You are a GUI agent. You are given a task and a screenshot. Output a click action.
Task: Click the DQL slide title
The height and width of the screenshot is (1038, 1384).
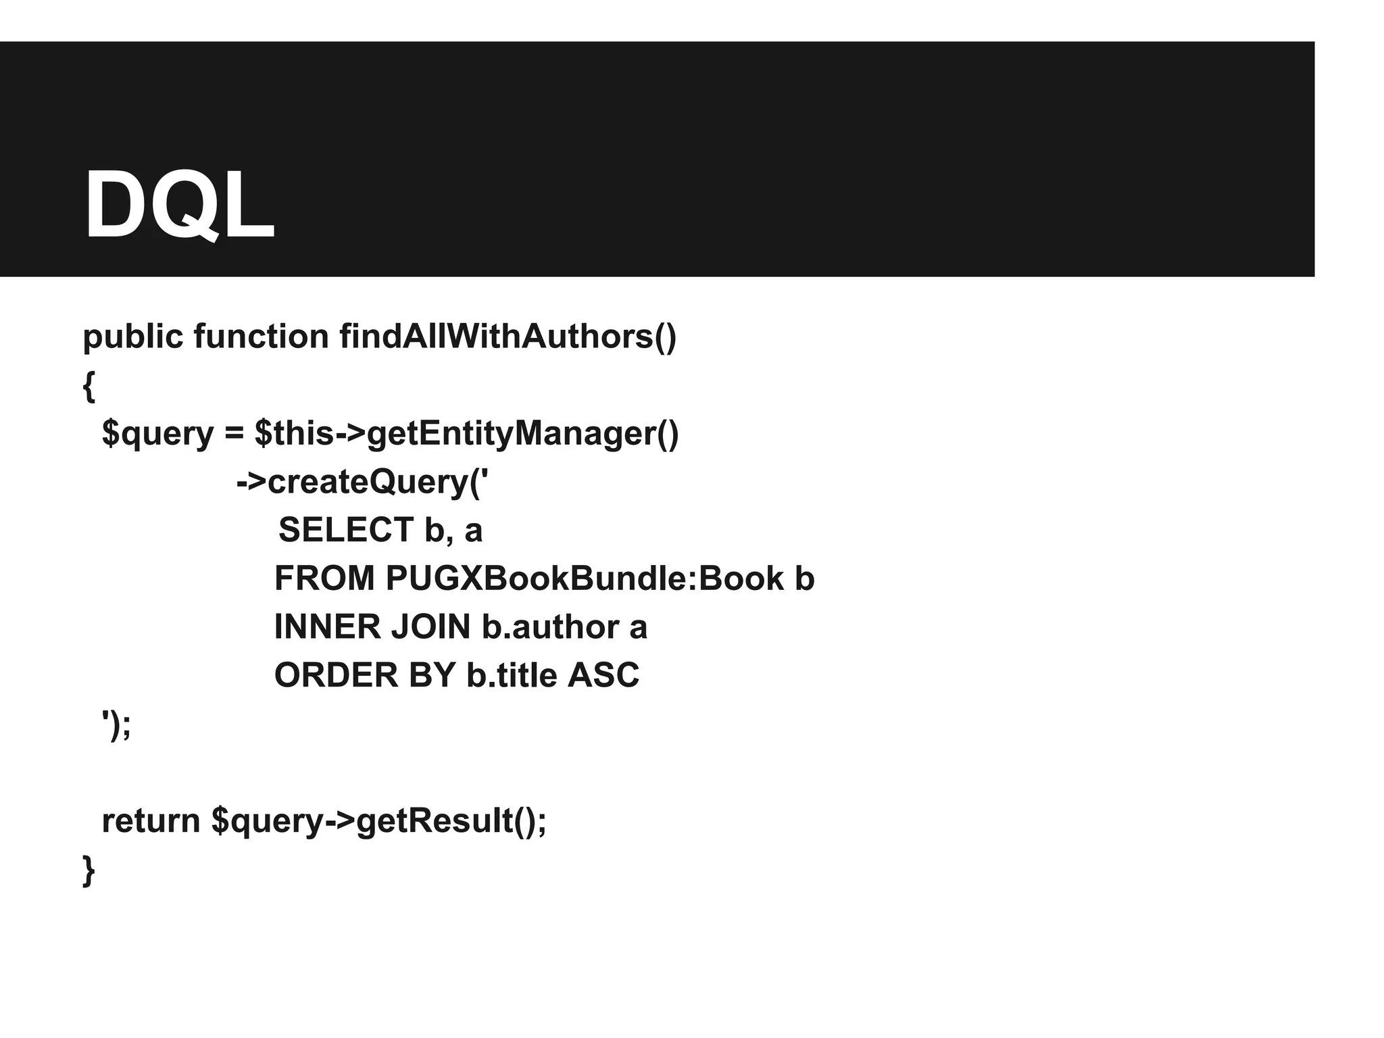(179, 205)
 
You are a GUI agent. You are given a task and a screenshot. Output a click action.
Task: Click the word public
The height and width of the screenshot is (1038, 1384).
(132, 337)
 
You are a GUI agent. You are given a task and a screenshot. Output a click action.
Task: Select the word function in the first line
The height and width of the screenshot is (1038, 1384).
(261, 337)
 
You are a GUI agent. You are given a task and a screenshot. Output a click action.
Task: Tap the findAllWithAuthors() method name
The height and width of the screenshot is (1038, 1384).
(508, 337)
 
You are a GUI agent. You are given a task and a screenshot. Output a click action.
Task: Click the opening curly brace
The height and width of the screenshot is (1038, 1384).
(89, 387)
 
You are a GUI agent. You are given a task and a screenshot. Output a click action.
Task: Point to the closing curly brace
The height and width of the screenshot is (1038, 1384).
(89, 870)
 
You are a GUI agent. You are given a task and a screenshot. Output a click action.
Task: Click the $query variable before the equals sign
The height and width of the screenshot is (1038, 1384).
(157, 434)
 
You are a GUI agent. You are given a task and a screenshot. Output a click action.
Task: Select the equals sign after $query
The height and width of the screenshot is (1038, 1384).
(234, 434)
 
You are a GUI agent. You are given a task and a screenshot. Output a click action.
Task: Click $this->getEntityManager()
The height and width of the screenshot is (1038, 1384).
(466, 434)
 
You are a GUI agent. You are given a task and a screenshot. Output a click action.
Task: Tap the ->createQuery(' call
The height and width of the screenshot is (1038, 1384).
(362, 483)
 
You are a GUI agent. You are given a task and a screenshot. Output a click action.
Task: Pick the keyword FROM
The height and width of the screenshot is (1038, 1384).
(324, 578)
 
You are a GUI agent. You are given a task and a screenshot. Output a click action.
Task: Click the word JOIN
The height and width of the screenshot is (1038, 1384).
(430, 627)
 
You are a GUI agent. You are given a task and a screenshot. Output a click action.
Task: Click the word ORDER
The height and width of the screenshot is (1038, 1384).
(336, 675)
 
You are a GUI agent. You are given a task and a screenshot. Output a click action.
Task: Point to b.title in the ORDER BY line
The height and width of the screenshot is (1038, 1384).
(512, 675)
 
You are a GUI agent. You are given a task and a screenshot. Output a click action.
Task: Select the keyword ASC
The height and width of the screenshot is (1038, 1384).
(603, 675)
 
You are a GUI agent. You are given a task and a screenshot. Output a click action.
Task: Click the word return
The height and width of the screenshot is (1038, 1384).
(151, 821)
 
